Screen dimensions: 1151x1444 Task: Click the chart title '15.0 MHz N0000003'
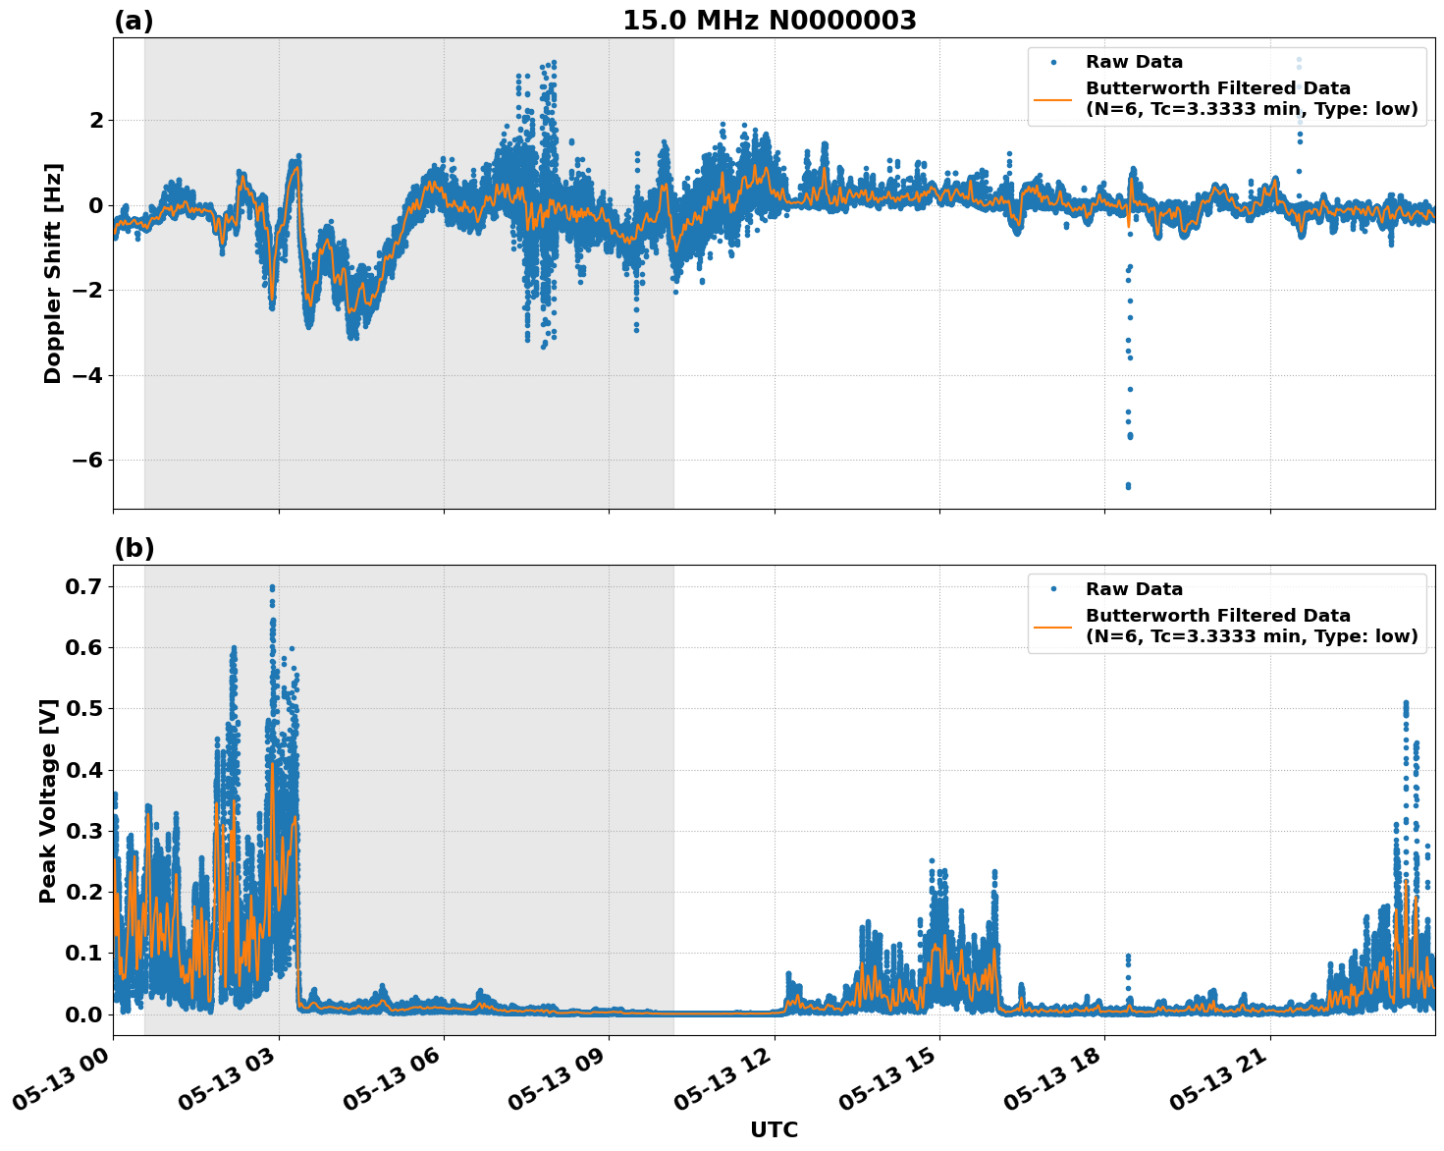(x=769, y=21)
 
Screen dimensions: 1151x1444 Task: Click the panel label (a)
(x=134, y=21)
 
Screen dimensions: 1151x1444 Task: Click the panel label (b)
(x=134, y=548)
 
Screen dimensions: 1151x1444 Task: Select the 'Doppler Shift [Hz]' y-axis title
(x=53, y=273)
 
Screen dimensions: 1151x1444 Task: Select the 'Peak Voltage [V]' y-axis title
(x=48, y=800)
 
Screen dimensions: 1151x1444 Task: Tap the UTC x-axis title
(x=774, y=1129)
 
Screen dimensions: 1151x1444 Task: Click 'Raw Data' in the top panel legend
(x=1134, y=62)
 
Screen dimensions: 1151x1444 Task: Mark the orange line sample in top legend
(x=1052, y=98)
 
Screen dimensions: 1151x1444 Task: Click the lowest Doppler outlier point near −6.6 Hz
(x=1128, y=486)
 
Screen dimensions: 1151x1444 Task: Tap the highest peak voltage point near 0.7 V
(x=272, y=587)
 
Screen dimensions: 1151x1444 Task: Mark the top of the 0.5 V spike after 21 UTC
(x=1406, y=703)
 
